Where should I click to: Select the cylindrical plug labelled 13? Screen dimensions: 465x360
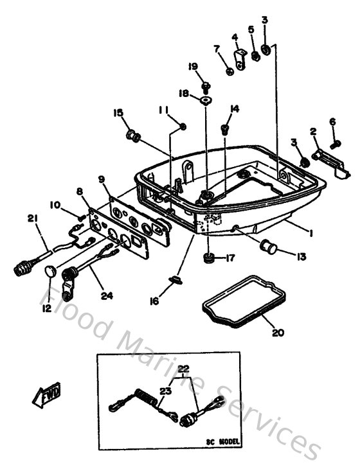(267, 245)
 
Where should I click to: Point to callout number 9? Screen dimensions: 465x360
(101, 179)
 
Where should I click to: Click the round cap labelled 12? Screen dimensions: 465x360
(50, 274)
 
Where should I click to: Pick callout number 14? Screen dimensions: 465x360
(234, 109)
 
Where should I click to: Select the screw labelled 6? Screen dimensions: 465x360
(335, 144)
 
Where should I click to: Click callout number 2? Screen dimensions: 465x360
(313, 132)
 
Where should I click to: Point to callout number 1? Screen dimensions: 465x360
(310, 234)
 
